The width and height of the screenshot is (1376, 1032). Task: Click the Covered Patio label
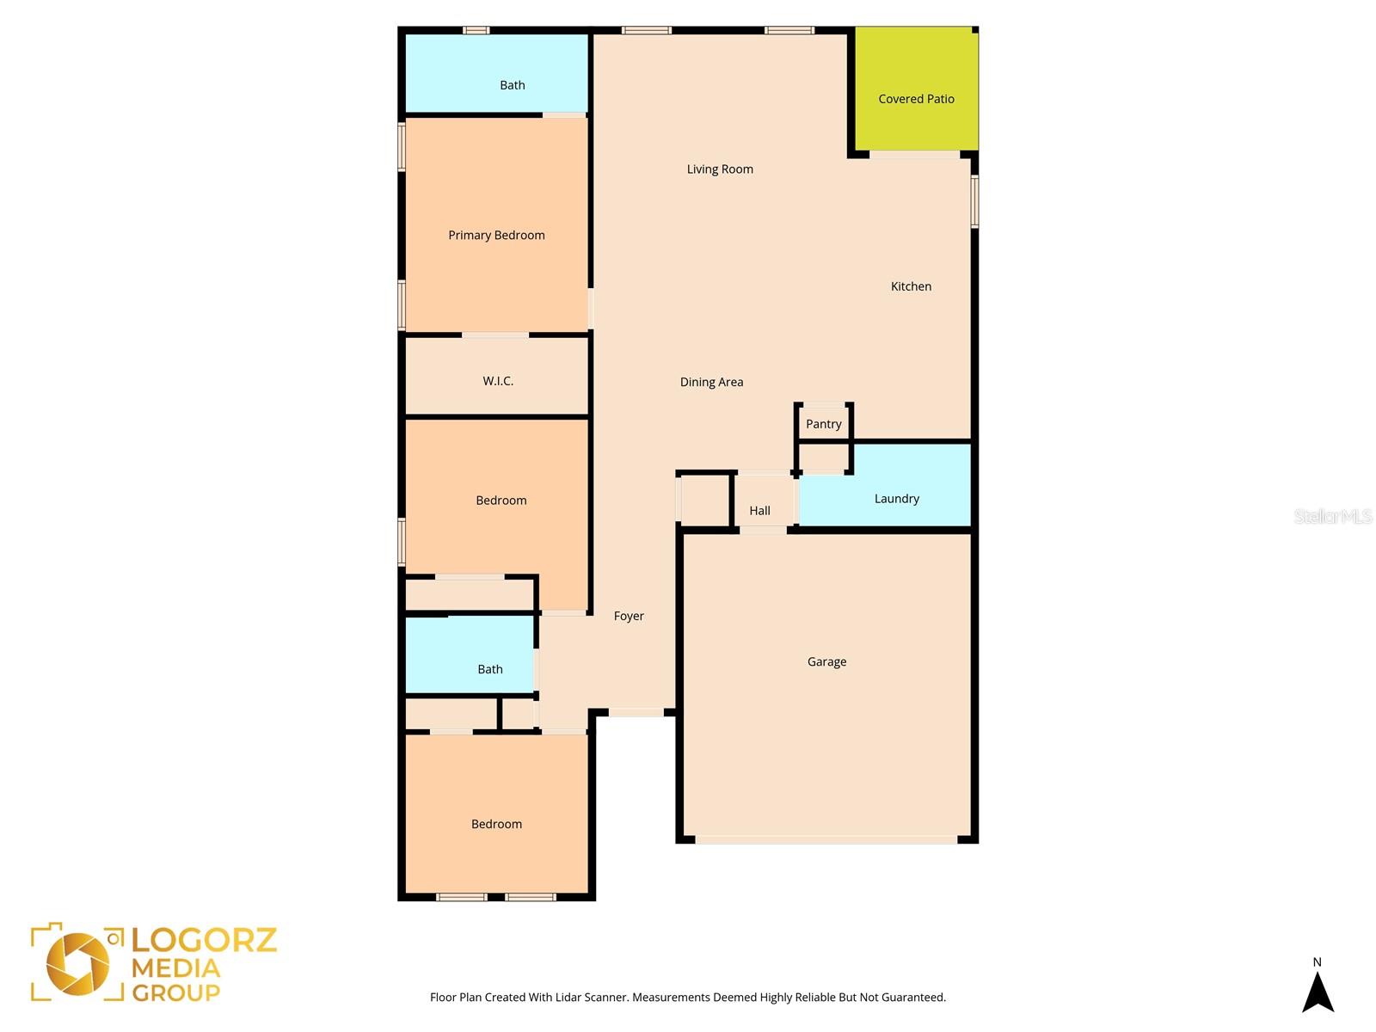point(916,99)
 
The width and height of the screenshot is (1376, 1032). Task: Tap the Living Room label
point(720,169)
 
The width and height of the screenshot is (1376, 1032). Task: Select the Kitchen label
point(911,286)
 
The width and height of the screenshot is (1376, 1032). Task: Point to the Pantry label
point(823,424)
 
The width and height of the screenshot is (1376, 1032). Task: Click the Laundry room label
point(896,499)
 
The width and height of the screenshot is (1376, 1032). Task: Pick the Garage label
point(826,661)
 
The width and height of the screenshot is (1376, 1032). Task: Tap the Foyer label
point(629,616)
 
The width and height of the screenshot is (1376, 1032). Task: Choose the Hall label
point(759,511)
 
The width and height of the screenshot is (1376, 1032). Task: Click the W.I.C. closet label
point(498,381)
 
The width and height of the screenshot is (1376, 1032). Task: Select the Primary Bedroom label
point(496,236)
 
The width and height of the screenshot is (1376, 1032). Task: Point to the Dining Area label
point(711,382)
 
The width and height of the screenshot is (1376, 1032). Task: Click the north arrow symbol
point(1317,993)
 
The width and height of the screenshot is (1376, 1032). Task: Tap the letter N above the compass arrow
point(1317,962)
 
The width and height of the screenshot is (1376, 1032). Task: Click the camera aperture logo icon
point(77,963)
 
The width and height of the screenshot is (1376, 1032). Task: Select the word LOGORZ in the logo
point(205,940)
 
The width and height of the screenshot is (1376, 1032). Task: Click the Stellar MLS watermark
point(1332,516)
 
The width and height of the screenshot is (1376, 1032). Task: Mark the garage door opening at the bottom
point(826,839)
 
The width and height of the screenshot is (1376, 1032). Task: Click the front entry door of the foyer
point(636,712)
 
